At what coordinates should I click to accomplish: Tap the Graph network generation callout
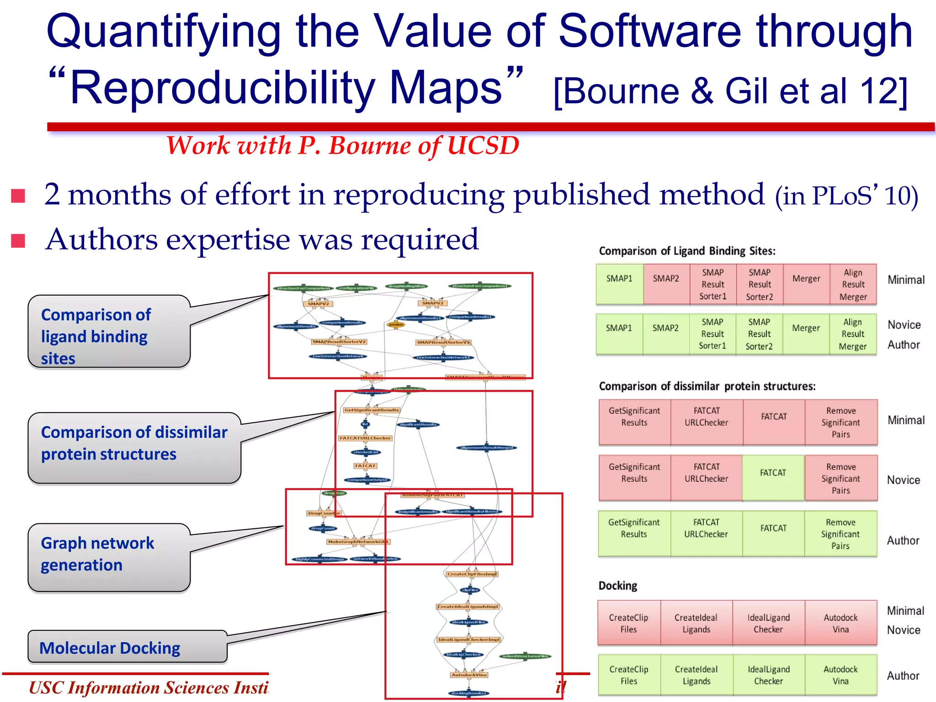(109, 554)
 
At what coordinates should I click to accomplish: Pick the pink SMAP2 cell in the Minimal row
(666, 284)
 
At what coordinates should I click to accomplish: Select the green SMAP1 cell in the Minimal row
(619, 284)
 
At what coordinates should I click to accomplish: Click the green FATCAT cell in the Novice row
(773, 478)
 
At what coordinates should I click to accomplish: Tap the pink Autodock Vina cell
(840, 623)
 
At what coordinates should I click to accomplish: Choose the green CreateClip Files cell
(628, 675)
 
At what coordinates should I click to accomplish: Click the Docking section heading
(617, 585)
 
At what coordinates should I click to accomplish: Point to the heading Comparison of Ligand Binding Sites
(687, 251)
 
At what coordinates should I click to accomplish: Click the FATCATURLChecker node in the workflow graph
(365, 438)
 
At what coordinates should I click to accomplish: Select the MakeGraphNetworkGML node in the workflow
(358, 542)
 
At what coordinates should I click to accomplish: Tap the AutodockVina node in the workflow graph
(469, 675)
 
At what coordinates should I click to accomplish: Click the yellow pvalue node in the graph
(395, 324)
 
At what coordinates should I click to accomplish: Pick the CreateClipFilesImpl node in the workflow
(472, 574)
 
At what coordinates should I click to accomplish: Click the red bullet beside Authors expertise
(18, 240)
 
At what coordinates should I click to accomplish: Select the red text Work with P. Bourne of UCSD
(343, 146)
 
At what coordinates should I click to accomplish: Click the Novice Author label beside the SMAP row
(904, 335)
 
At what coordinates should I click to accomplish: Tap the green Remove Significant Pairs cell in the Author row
(840, 534)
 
